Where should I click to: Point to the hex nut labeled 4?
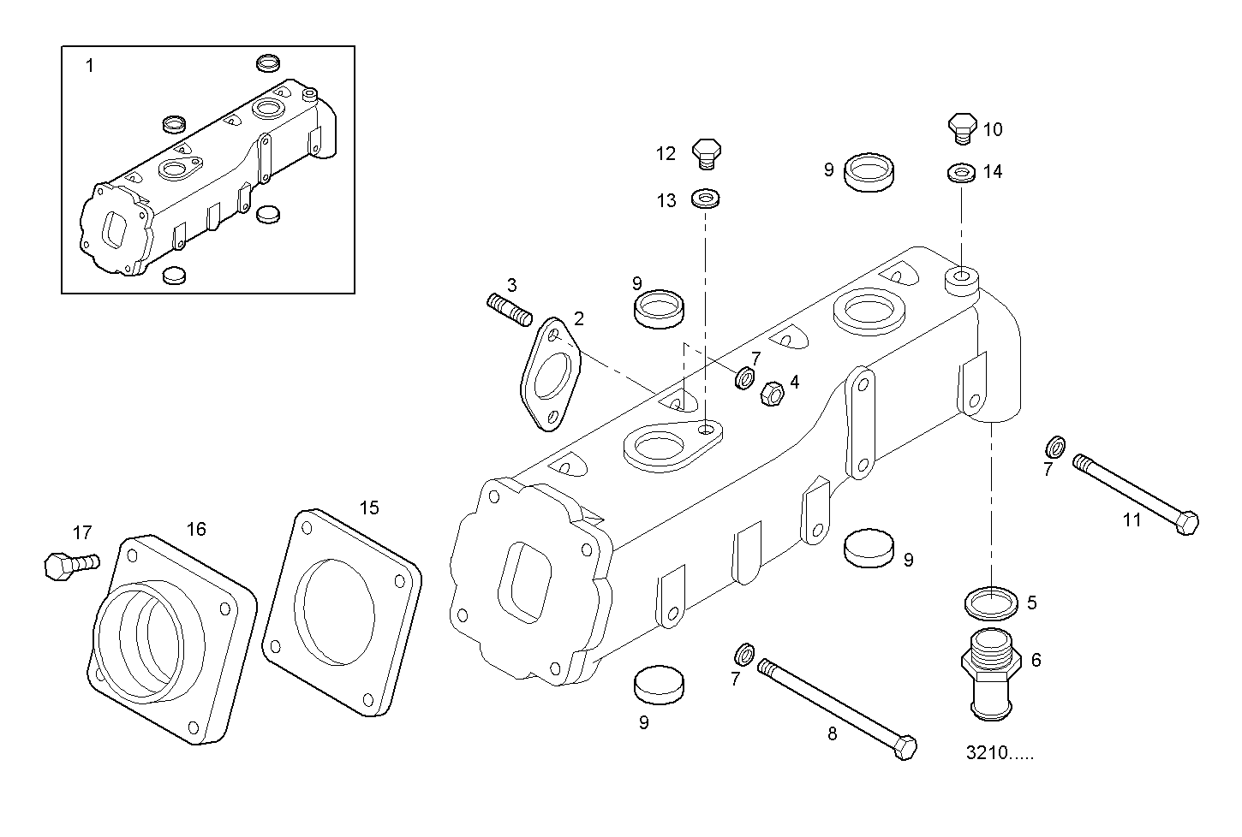773,393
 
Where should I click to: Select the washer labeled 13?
705,199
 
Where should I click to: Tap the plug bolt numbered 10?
962,126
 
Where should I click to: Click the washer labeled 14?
961,173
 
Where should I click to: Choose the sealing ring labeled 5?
991,602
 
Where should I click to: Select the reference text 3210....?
999,754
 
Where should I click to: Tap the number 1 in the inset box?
90,66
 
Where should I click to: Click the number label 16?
196,530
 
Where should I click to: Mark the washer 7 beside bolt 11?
1056,447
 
